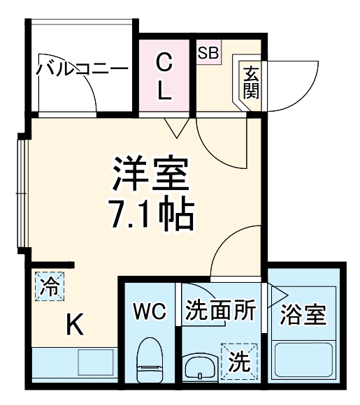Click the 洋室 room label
tap(152, 175)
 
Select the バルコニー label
tap(82, 69)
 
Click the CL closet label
tap(164, 76)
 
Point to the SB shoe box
tap(208, 52)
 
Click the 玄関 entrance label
tap(250, 80)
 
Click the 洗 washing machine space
tap(239, 362)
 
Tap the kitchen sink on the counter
tap(94, 362)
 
